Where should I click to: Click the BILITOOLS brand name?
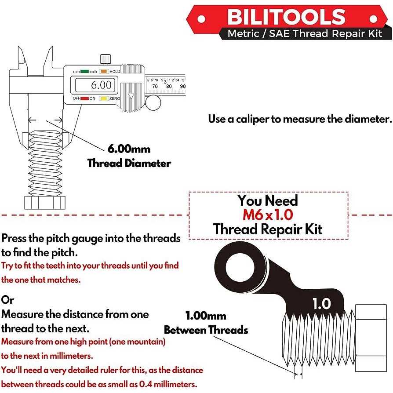pos(286,17)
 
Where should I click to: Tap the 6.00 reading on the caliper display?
pos(96,85)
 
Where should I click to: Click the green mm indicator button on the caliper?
pos(84,71)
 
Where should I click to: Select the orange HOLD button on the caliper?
pos(104,71)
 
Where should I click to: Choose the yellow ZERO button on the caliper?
pos(104,98)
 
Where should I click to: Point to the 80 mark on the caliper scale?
pos(169,86)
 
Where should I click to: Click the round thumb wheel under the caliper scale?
pos(153,103)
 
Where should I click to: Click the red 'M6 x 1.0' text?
pos(268,215)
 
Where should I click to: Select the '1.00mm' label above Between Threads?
pos(206,316)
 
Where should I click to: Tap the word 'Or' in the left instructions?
pos(7,300)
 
